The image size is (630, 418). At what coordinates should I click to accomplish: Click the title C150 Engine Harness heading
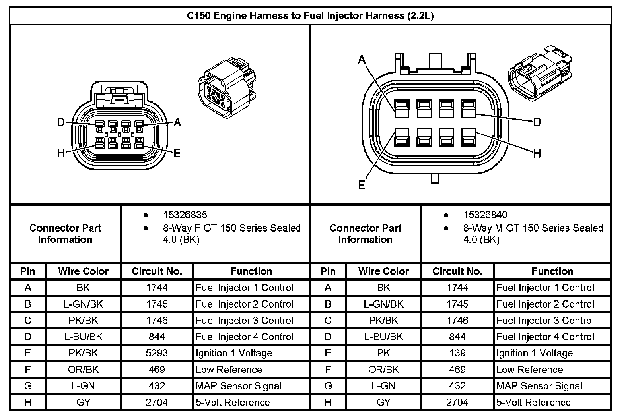310,16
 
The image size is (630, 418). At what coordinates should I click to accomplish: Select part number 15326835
185,215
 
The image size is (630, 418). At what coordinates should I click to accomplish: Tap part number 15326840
485,215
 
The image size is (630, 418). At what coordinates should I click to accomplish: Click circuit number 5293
157,353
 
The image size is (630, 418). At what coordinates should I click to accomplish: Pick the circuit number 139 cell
457,353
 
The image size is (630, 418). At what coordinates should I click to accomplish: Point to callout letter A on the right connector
362,60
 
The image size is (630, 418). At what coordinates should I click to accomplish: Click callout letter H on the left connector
60,153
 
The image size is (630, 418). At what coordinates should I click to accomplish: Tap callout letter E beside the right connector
362,185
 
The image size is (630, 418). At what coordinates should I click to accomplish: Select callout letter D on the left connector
60,122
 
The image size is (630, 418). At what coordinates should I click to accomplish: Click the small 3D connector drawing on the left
226,87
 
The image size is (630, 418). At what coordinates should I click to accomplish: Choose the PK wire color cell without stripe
383,353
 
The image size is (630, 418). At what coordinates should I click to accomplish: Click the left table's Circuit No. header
157,271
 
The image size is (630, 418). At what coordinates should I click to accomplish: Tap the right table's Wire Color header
383,271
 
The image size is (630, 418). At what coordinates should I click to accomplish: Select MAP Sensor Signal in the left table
239,386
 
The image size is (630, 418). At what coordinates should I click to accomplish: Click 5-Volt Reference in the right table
533,402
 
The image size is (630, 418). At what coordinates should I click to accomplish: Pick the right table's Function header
552,271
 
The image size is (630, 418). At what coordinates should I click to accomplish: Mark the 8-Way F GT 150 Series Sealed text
231,228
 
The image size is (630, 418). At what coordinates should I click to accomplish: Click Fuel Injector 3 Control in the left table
245,320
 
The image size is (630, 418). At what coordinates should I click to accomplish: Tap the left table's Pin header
28,271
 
